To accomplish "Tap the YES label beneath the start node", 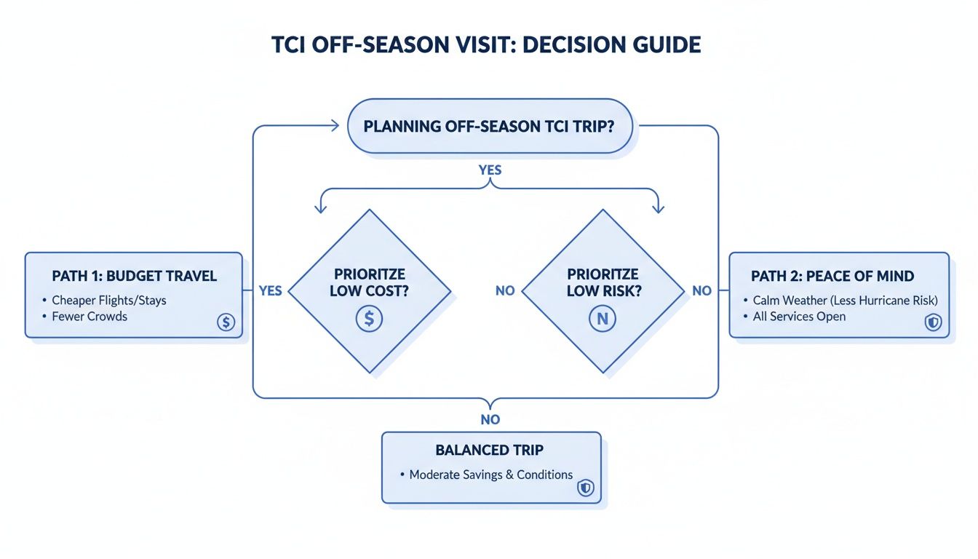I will pos(490,170).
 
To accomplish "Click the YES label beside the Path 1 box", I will pos(270,290).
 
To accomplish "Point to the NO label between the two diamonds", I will pos(504,290).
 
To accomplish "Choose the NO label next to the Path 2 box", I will pos(701,290).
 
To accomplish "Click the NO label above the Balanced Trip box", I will pos(490,419).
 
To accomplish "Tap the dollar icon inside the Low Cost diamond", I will pos(369,318).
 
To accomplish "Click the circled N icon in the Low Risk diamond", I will pos(603,318).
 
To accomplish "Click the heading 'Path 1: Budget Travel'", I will pos(135,277).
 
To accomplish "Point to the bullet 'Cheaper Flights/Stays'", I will pos(108,300).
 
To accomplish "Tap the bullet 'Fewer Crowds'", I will pos(90,317).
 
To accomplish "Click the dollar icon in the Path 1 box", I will pos(226,322).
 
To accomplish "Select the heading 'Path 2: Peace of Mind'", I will pos(832,277).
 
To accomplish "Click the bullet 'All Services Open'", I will pos(799,317).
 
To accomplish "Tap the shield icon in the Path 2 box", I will pos(932,322).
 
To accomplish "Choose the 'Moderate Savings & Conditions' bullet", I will pos(490,475).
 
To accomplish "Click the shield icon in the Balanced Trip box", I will pos(585,488).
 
